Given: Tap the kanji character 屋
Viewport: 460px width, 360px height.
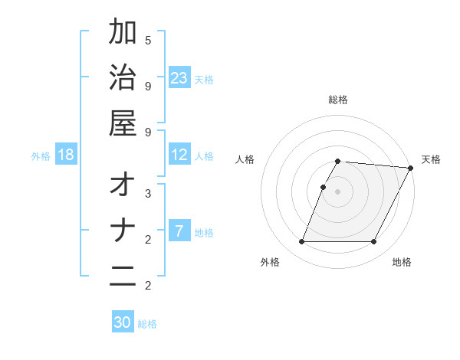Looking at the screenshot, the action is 123,124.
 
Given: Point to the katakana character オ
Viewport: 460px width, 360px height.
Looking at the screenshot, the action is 123,185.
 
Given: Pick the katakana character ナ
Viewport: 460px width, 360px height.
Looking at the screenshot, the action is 123,231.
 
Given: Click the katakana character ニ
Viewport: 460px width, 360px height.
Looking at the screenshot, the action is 123,277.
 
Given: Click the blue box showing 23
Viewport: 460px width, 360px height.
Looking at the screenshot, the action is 179,78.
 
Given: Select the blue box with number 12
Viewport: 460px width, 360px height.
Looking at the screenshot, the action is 179,155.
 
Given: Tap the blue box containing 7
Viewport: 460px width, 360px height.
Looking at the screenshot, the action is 179,231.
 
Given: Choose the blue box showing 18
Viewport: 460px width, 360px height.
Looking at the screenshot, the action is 66,155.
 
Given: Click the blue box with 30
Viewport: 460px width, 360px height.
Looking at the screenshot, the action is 123,322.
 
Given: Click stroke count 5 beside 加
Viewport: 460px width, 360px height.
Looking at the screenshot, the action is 148,40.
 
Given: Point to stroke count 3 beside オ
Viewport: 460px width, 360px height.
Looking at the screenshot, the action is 148,193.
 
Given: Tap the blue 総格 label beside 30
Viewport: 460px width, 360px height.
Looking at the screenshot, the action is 147,324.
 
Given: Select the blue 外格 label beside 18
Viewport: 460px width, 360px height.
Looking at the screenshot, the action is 41,156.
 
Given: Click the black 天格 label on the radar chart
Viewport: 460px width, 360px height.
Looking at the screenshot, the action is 431,159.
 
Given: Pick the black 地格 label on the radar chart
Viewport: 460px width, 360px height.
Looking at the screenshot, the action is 402,262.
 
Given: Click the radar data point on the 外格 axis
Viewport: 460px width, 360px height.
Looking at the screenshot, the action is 301,242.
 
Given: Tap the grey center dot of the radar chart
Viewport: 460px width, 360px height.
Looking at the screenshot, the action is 337,191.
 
